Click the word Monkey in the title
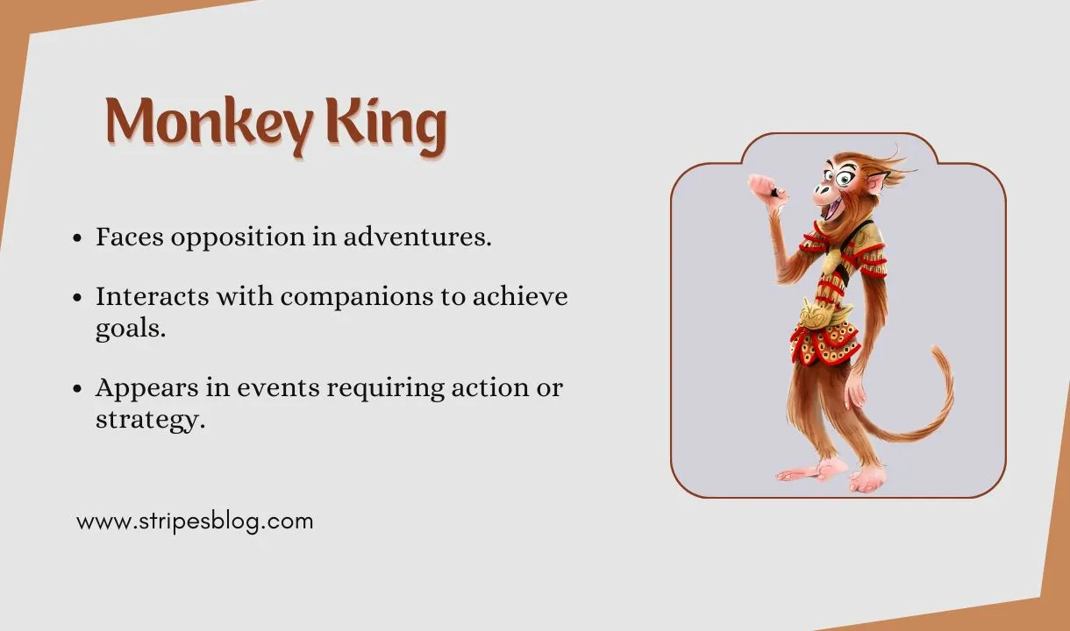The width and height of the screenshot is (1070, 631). click(209, 123)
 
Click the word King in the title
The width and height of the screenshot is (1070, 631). click(386, 124)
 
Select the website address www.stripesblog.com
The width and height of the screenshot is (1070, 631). click(195, 521)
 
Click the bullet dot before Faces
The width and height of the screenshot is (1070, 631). click(79, 238)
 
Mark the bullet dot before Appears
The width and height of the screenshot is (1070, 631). click(79, 387)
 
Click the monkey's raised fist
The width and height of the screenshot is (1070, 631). click(760, 185)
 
